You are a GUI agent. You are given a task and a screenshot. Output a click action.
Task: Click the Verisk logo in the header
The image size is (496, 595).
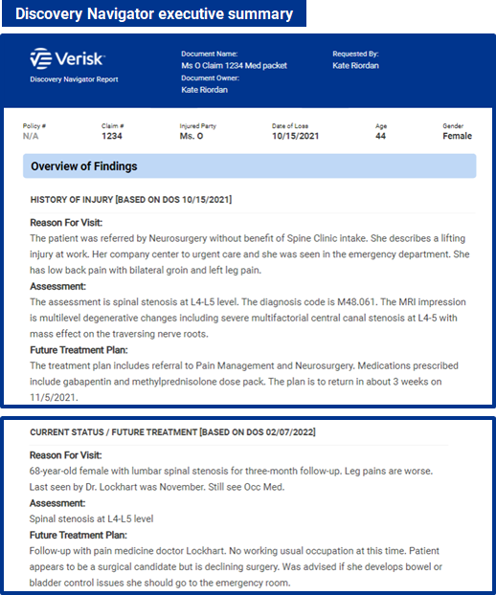click(x=67, y=59)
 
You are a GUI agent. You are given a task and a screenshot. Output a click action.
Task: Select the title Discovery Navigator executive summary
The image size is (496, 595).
click(x=154, y=13)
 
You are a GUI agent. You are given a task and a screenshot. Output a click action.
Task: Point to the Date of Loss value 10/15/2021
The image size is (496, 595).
click(x=296, y=136)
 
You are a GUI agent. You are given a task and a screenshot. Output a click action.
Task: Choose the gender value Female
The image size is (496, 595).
click(x=457, y=136)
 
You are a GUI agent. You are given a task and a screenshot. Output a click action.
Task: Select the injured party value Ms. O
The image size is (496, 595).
click(x=192, y=136)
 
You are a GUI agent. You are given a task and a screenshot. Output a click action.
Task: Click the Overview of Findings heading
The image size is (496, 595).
click(x=84, y=166)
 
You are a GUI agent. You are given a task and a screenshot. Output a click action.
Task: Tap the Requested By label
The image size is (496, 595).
click(x=356, y=54)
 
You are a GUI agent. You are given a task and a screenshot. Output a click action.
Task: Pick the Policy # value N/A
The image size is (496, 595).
click(x=32, y=136)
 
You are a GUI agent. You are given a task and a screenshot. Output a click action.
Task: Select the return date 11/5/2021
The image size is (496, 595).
click(x=53, y=396)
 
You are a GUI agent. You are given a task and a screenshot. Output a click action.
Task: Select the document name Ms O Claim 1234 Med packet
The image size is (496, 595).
click(x=234, y=65)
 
